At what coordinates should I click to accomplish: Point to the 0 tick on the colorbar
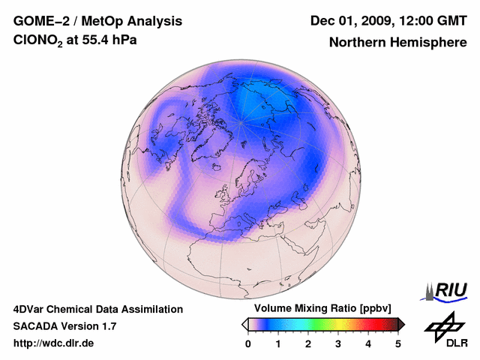[x=248, y=343]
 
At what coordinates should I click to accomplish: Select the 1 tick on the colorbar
[x=278, y=343]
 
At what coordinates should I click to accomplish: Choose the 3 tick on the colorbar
[x=338, y=343]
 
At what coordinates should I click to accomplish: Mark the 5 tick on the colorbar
[x=398, y=343]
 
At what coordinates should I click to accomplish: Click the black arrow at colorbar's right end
[x=401, y=324]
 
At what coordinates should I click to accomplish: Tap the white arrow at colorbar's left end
[x=244, y=324]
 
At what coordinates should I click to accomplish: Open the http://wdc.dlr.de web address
[x=54, y=343]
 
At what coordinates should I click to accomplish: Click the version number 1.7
[x=106, y=326]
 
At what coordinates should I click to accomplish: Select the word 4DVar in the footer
[x=30, y=309]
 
